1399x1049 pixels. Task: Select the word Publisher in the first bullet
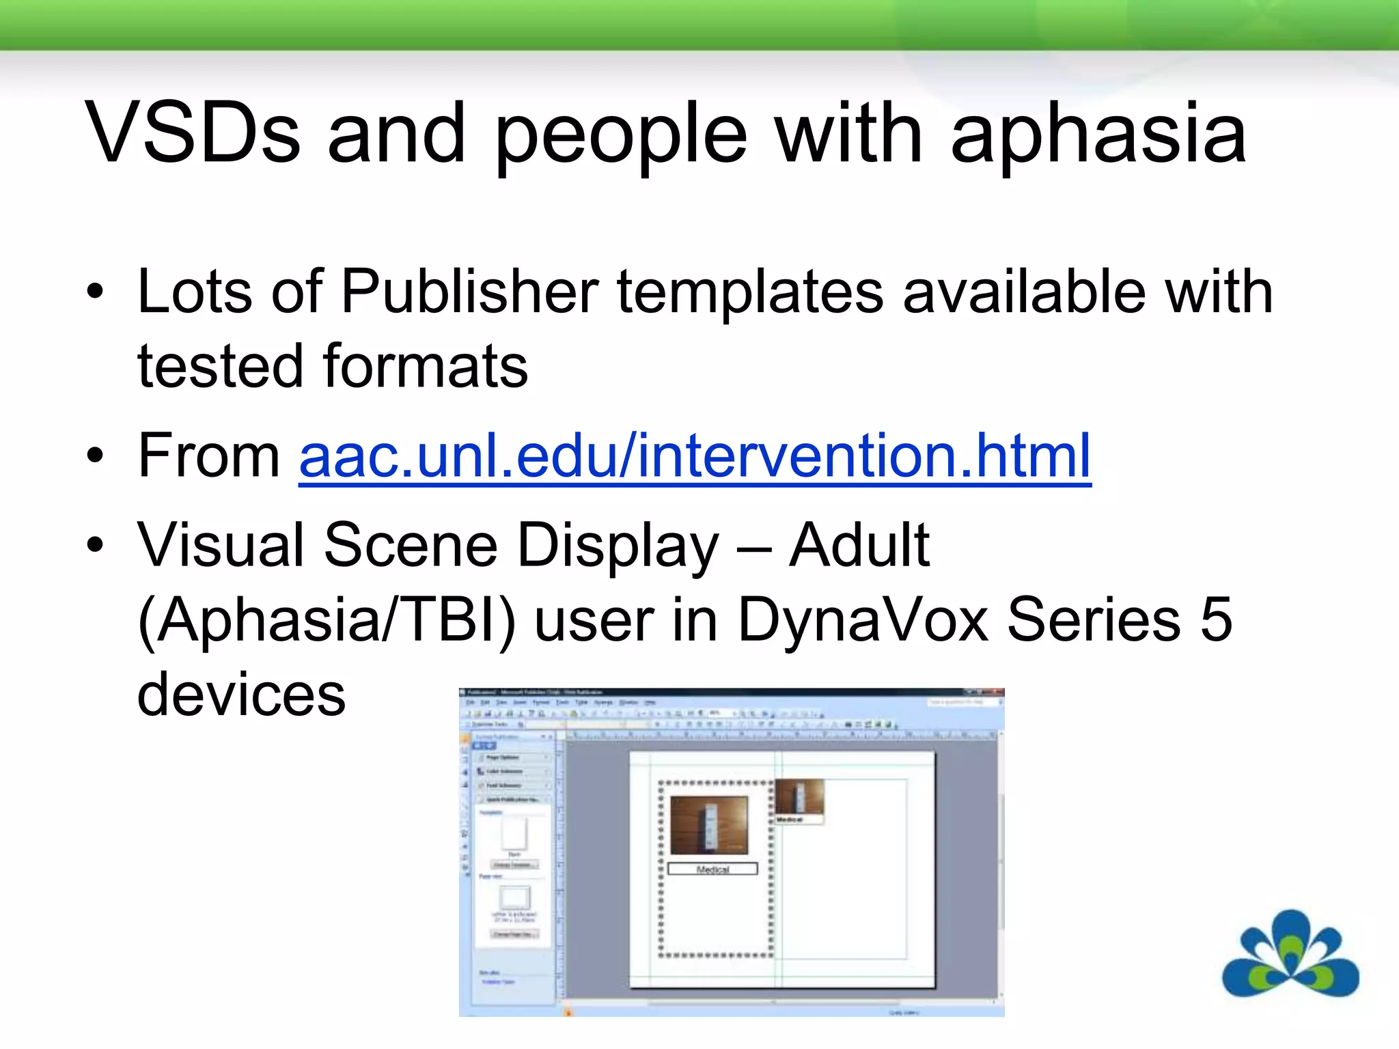click(x=470, y=292)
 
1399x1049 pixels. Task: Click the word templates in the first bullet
click(x=751, y=292)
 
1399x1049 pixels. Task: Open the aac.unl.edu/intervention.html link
click(x=695, y=456)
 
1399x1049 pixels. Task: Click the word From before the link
click(x=209, y=456)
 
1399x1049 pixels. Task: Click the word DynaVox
click(x=863, y=619)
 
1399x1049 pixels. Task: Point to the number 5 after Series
click(x=1216, y=619)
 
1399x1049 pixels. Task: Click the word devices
click(x=241, y=695)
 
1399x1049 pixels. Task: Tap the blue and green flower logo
click(x=1290, y=955)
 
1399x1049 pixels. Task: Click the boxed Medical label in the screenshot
click(x=712, y=869)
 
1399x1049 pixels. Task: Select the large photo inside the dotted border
click(x=709, y=825)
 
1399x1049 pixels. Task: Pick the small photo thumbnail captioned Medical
click(x=799, y=796)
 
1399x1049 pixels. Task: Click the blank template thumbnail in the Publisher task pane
click(x=514, y=833)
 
